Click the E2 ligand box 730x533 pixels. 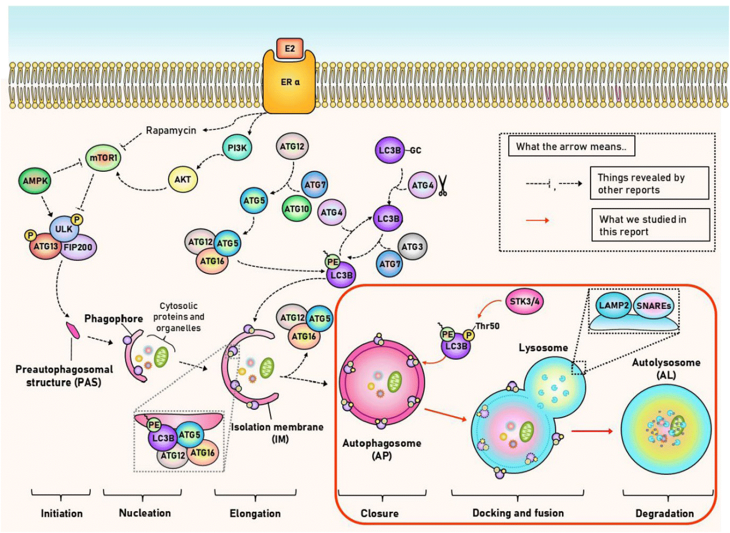(290, 48)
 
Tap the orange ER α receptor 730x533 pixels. (290, 82)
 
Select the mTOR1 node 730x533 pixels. (103, 158)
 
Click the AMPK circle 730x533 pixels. (35, 181)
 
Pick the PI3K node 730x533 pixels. (237, 147)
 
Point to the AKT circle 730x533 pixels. (182, 179)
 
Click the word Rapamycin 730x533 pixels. (171, 130)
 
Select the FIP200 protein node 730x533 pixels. (78, 247)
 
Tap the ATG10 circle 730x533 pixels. (297, 209)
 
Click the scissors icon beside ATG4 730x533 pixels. (443, 186)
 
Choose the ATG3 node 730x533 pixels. (412, 246)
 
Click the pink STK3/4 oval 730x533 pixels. (525, 301)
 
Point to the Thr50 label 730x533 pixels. (487, 326)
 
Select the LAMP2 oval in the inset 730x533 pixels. (614, 306)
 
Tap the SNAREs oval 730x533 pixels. (653, 306)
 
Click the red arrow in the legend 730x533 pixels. (537, 221)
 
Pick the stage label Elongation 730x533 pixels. (255, 514)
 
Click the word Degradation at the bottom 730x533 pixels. (664, 514)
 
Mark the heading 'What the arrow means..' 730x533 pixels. (571, 146)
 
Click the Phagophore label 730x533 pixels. (114, 319)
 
